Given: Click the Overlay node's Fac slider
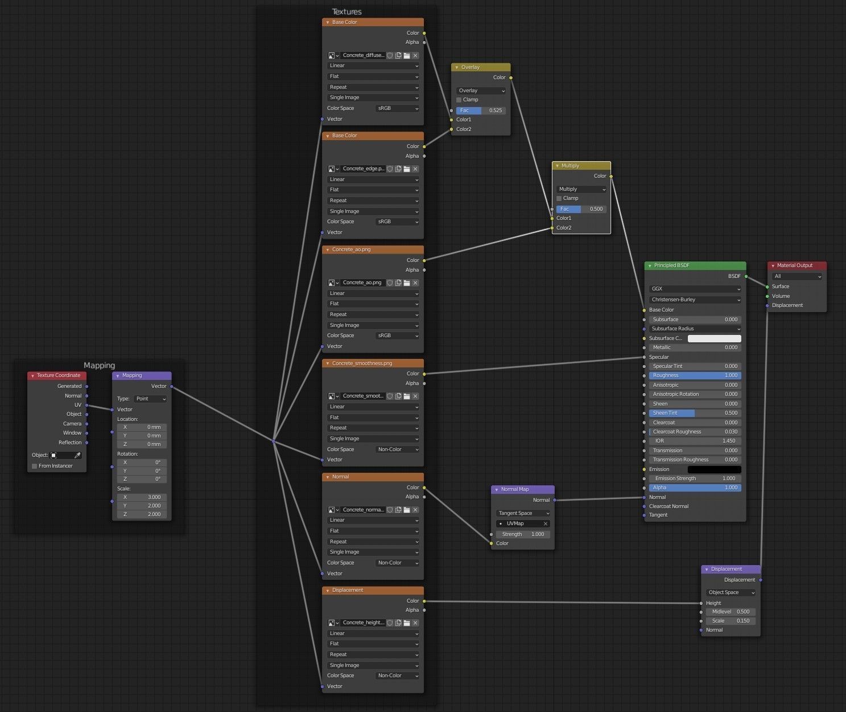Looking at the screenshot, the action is coord(481,111).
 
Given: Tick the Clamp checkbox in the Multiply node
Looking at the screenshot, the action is coord(559,198).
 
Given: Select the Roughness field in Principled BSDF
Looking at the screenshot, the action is coord(695,375).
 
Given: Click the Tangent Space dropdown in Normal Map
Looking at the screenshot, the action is coord(523,513).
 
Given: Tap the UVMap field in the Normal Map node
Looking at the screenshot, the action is coord(523,524).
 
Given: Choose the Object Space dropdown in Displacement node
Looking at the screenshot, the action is coord(731,592).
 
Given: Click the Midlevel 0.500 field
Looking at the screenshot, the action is coord(731,612).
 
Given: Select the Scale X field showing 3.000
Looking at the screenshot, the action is coord(142,497).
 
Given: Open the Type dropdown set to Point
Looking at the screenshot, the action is coord(150,399).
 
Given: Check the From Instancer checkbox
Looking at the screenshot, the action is coord(35,466).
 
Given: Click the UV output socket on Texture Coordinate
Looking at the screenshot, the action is coord(86,405).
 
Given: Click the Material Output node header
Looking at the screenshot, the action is coord(797,265).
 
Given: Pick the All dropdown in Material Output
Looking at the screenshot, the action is coord(797,276).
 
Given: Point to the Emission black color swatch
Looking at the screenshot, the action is coord(715,469).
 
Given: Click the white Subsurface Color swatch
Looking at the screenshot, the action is coord(715,338).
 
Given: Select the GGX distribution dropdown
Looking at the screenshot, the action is coord(695,289).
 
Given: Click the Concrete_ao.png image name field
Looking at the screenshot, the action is coord(362,283).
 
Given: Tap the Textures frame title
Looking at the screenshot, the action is coord(346,12).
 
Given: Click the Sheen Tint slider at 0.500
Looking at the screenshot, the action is coord(695,413).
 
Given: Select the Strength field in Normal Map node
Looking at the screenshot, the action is coord(523,534).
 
